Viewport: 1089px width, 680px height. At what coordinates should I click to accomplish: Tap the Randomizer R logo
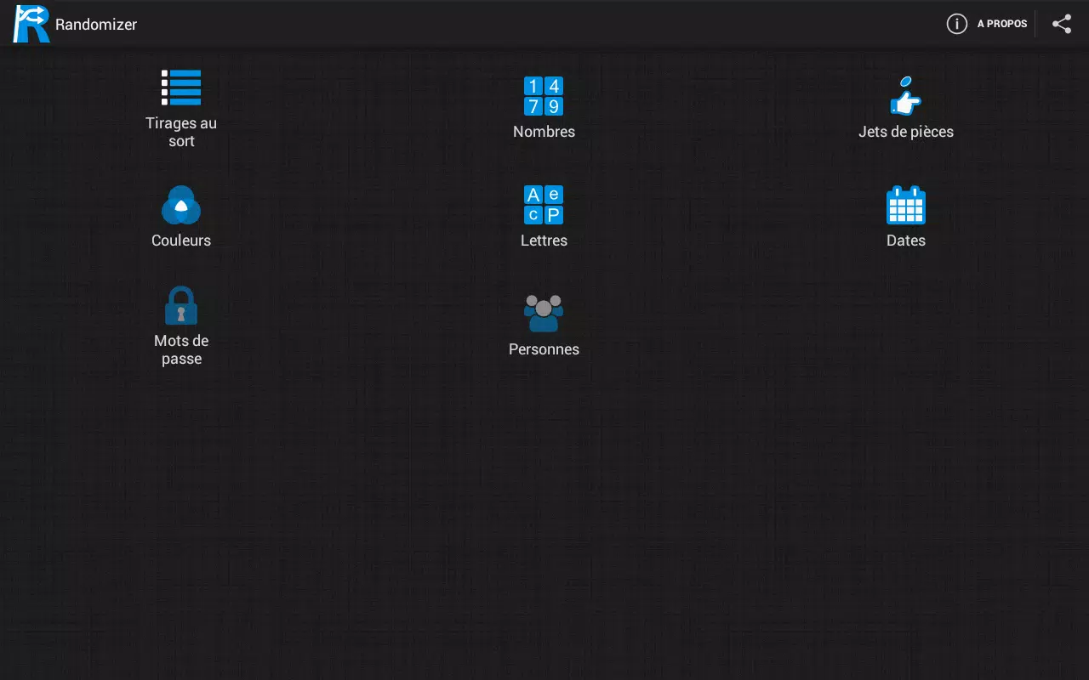[31, 24]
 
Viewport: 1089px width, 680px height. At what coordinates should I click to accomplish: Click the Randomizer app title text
[96, 25]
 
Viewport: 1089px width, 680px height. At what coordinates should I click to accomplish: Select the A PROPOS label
[1002, 24]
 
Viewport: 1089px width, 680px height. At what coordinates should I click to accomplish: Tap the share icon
[1062, 24]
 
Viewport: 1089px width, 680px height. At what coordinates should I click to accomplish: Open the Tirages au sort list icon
[181, 88]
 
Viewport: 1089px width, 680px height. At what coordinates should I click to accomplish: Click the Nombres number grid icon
[544, 96]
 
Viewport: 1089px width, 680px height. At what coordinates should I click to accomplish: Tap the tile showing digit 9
[554, 106]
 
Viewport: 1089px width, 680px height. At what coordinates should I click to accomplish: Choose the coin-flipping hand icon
[905, 96]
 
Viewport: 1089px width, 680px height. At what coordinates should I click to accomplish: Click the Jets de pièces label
[906, 132]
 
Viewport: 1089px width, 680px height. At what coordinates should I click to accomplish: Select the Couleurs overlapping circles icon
[181, 205]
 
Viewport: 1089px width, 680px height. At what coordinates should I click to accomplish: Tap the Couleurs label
[181, 241]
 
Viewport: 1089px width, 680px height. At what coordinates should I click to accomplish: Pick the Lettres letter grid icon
[544, 205]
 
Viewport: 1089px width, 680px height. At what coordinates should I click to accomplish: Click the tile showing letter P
[554, 215]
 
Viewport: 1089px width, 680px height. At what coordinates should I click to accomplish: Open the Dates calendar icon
[906, 205]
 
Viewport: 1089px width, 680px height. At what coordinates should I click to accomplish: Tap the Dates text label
[906, 241]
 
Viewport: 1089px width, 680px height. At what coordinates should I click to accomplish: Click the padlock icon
[181, 305]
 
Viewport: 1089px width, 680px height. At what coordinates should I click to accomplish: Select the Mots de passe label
[181, 349]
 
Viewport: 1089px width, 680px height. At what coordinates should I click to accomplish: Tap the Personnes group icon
[544, 314]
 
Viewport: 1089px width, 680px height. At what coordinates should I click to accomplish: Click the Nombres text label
[544, 132]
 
